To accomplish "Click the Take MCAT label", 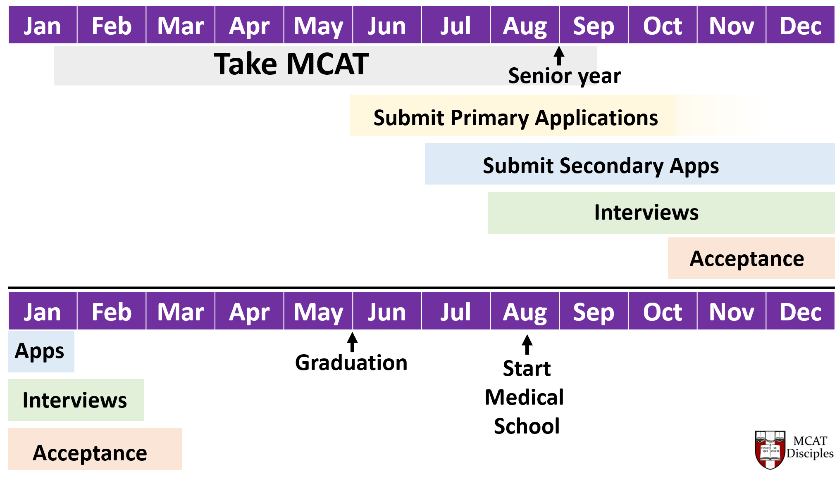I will coord(291,64).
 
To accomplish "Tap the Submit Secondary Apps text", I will coord(601,166).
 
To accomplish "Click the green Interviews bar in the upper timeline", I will coord(646,213).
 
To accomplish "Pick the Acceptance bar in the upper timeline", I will coord(746,259).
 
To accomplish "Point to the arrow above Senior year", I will coord(559,56).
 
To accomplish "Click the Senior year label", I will coord(564,76).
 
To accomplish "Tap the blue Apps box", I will coord(41,351).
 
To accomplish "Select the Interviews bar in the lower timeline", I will coord(75,400).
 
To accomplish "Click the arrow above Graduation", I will coord(352,342).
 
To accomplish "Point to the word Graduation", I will coord(351,363).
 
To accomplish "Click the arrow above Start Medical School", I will coord(527,344).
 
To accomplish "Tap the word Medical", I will coord(524,397).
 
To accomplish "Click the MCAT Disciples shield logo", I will coord(770,450).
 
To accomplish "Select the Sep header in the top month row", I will coord(594,26).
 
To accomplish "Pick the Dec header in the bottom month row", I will coord(800,312).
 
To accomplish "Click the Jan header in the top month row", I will coord(43,26).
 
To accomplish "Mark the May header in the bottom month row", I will coord(318,312).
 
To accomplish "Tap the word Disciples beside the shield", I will coord(810,453).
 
